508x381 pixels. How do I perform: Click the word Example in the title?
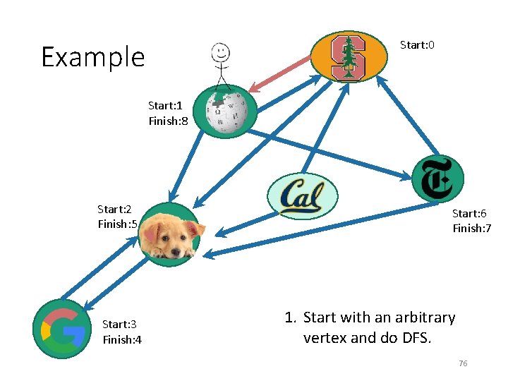92,57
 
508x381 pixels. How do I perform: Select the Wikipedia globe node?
225,112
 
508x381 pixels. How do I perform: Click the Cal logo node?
303,196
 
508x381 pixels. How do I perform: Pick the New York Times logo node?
437,180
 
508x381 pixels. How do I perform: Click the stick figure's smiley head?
221,52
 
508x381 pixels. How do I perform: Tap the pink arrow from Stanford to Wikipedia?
282,73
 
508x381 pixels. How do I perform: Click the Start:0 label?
417,45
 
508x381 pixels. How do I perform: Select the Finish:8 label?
168,121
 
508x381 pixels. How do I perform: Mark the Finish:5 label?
118,224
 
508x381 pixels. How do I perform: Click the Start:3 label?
119,325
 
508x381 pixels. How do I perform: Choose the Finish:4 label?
122,340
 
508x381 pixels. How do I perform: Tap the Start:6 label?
469,213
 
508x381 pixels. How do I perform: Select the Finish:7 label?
472,229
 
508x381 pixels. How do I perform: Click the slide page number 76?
463,363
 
